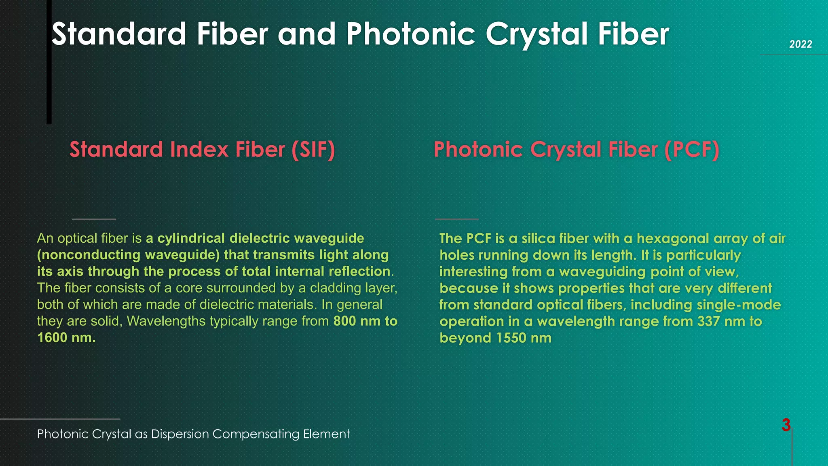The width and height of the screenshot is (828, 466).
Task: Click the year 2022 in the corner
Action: [x=801, y=44]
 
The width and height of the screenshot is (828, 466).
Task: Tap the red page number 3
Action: [x=786, y=425]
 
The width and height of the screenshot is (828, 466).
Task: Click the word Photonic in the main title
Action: [x=410, y=34]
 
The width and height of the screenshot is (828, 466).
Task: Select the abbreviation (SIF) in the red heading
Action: [x=313, y=150]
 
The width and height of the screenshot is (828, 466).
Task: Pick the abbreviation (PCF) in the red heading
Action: [x=692, y=150]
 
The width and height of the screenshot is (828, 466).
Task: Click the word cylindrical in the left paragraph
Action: [x=191, y=238]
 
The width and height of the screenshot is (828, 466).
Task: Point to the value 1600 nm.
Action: [x=66, y=337]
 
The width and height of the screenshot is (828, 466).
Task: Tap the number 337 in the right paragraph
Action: [x=708, y=321]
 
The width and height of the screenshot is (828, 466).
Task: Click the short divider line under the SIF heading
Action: [x=94, y=219]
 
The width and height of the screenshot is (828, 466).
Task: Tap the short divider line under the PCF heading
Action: [x=457, y=219]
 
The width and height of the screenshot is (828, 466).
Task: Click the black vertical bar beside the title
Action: [x=49, y=65]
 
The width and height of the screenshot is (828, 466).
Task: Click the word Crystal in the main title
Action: [x=537, y=34]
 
